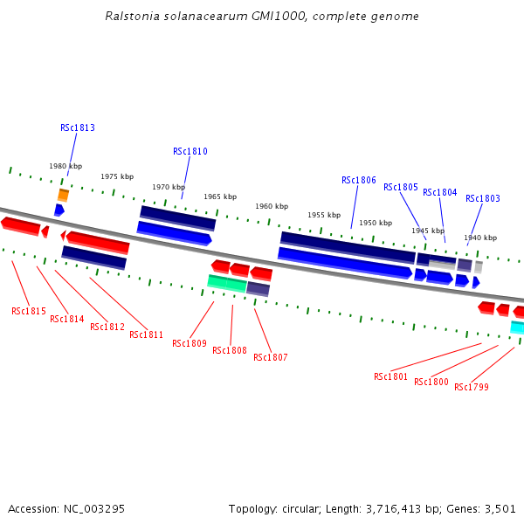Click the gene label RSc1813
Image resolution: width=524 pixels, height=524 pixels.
tap(78, 128)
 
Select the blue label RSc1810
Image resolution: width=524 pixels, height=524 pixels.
tap(190, 151)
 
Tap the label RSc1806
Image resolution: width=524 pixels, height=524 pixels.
tap(359, 180)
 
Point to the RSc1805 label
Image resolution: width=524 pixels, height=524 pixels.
tap(401, 187)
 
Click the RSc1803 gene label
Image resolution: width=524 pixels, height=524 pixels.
tap(483, 198)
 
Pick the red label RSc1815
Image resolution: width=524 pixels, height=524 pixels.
tap(29, 311)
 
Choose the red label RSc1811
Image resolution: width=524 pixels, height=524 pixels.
tap(147, 334)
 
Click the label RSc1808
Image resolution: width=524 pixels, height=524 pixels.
tap(230, 350)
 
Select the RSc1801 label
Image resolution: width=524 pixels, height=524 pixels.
tap(391, 376)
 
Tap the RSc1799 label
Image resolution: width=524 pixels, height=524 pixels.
tap(472, 387)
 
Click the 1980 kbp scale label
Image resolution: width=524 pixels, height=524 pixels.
tap(65, 166)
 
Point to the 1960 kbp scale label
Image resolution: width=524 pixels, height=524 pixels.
tap(272, 206)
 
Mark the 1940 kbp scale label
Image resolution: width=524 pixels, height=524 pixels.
tap(480, 238)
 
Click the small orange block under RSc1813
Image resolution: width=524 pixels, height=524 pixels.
tap(63, 195)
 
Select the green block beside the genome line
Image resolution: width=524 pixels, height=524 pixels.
tap(227, 283)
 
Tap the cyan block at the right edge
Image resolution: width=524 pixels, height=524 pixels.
tap(518, 328)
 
